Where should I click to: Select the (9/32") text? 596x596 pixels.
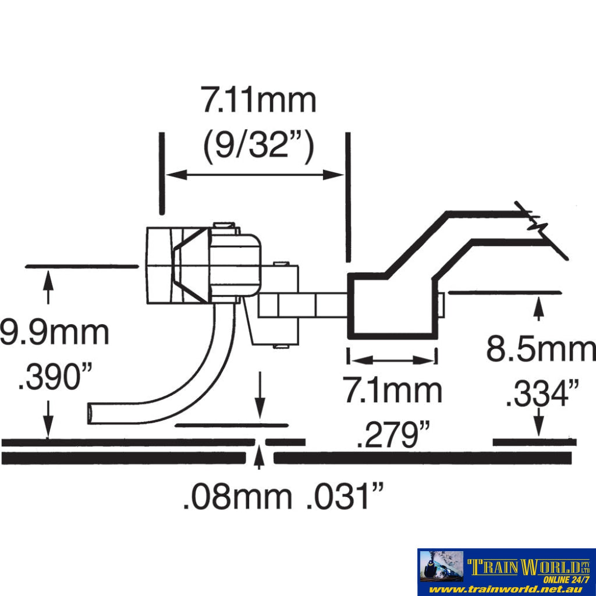[x=259, y=146]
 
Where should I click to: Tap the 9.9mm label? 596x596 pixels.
[x=54, y=334]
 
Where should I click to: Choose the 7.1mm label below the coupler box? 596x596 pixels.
[x=393, y=390]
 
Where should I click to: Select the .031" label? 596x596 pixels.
[x=345, y=496]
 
